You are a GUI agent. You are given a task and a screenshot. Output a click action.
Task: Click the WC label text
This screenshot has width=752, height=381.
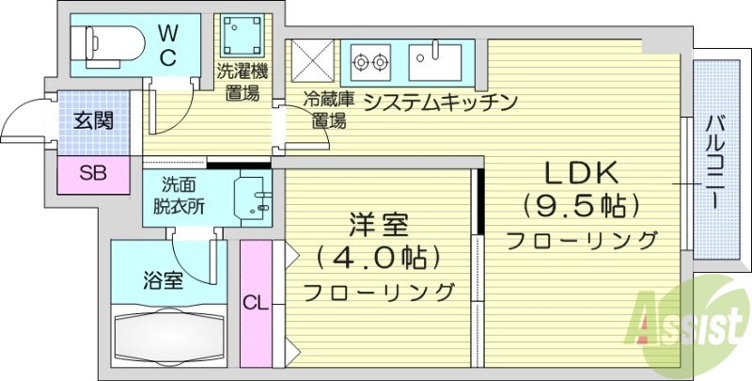pyautogui.click(x=166, y=45)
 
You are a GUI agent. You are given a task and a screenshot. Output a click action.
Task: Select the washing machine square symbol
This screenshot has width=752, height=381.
pyautogui.click(x=241, y=36)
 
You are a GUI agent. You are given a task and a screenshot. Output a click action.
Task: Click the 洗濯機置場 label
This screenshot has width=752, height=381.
pyautogui.click(x=241, y=81)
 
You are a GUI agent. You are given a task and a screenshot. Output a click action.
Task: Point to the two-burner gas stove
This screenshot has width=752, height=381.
pyautogui.click(x=369, y=63)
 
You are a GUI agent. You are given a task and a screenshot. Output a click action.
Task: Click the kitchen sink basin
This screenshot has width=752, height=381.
pyautogui.click(x=435, y=63)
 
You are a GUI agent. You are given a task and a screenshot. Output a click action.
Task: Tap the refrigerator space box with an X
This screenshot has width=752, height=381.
pyautogui.click(x=311, y=63)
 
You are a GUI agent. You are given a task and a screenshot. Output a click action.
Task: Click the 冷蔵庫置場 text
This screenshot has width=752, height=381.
pyautogui.click(x=328, y=110)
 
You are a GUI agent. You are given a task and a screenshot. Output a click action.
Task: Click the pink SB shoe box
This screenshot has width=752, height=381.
pyautogui.click(x=92, y=173)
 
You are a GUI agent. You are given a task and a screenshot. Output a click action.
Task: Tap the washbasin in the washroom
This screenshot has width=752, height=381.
pyautogui.click(x=251, y=194)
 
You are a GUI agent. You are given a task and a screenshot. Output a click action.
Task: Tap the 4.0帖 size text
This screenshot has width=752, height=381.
pyautogui.click(x=378, y=256)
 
